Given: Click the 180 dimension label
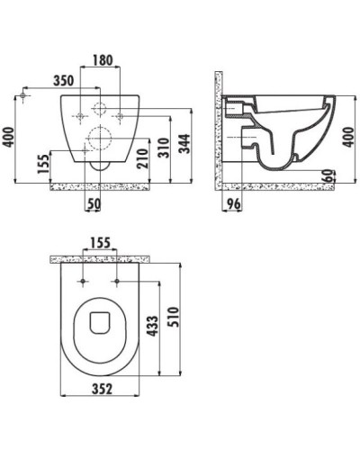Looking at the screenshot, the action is click(x=103, y=60).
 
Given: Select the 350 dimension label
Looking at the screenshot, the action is click(x=64, y=80).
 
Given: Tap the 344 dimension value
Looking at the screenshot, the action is click(x=184, y=144).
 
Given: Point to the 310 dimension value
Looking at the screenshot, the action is click(x=165, y=148).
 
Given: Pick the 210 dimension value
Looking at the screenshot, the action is click(x=144, y=158).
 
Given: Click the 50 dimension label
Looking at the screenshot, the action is click(x=94, y=204).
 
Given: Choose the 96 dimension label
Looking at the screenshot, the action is click(x=233, y=204).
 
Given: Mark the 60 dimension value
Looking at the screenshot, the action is click(x=328, y=175).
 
